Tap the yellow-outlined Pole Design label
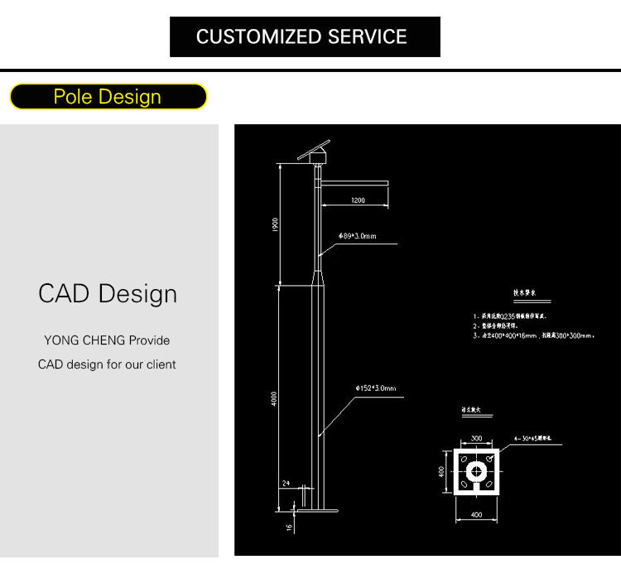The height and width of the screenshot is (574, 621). point(108,97)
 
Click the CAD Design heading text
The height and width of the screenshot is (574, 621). point(108,293)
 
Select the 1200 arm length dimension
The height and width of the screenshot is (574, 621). point(358,200)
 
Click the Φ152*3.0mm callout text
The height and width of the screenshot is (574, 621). point(375,388)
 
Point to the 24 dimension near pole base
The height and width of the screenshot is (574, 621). point(286,481)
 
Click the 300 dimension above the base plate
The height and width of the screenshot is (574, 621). point(476,438)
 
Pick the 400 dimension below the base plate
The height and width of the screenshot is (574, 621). point(476,515)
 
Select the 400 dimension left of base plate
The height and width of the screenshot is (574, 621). point(443,473)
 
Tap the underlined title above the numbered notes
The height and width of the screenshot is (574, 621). point(527,293)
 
